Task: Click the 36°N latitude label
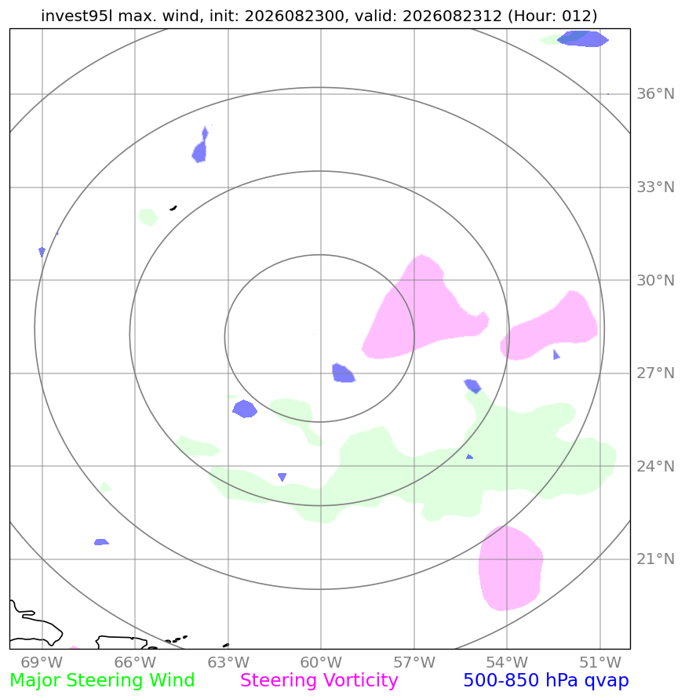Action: (x=655, y=94)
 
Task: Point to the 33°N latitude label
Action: (x=655, y=187)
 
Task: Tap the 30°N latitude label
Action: (x=655, y=280)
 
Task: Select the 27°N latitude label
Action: (x=655, y=373)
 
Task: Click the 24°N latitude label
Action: (x=655, y=466)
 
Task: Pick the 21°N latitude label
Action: (x=655, y=559)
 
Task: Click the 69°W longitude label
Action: (x=42, y=662)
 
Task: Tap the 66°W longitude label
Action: (x=135, y=662)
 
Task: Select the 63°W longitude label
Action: (x=228, y=662)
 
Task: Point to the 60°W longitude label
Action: (x=321, y=662)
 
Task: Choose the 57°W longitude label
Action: (x=414, y=662)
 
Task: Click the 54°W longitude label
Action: (x=507, y=662)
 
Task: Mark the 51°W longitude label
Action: (x=600, y=662)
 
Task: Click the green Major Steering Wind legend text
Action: (x=102, y=681)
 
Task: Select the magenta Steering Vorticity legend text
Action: (x=319, y=681)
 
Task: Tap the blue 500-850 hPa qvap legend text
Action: (x=546, y=681)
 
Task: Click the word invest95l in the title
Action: (x=77, y=16)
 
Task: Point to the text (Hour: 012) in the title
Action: (x=552, y=16)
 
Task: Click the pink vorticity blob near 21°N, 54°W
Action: (x=511, y=569)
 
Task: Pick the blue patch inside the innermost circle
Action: (x=343, y=373)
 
